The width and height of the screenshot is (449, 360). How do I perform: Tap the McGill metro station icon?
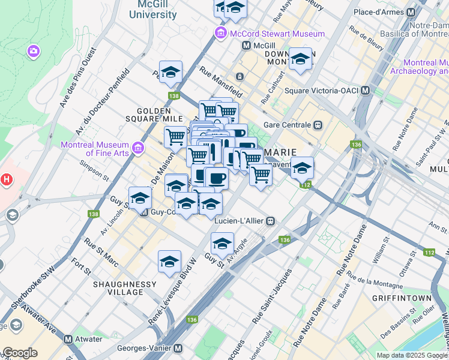coord(246,46)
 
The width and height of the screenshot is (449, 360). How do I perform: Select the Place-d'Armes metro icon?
coord(411,12)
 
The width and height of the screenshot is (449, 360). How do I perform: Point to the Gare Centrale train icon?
coord(318,125)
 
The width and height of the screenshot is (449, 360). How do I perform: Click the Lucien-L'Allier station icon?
coord(271,221)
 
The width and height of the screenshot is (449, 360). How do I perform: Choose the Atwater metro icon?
coord(68,339)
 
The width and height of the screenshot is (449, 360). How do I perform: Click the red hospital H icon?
coord(6,179)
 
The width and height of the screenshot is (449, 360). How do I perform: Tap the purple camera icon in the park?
coord(33,52)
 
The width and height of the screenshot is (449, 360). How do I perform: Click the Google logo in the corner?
coord(20,353)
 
